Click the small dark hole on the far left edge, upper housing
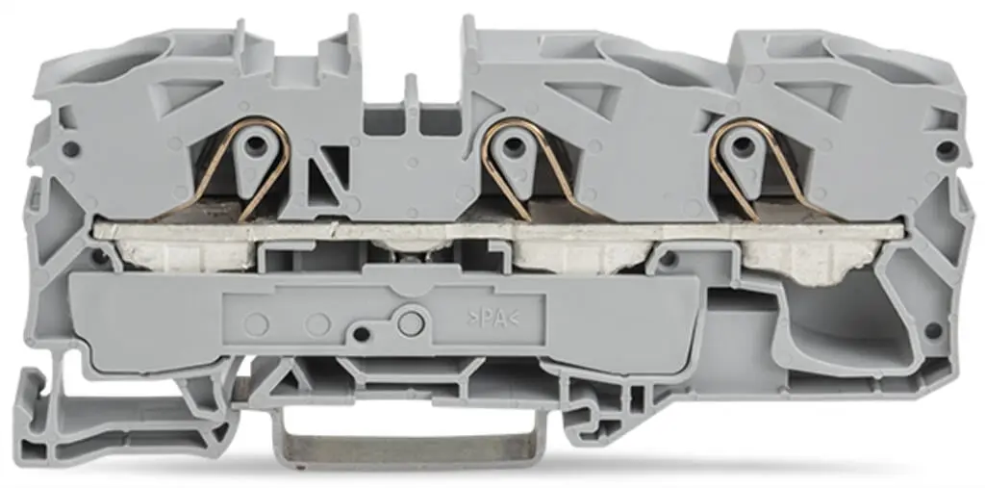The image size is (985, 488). click(69, 150)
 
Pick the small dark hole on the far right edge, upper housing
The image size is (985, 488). click(947, 150)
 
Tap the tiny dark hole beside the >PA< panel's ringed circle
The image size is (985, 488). click(361, 333)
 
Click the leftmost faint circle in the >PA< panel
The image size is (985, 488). click(257, 324)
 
